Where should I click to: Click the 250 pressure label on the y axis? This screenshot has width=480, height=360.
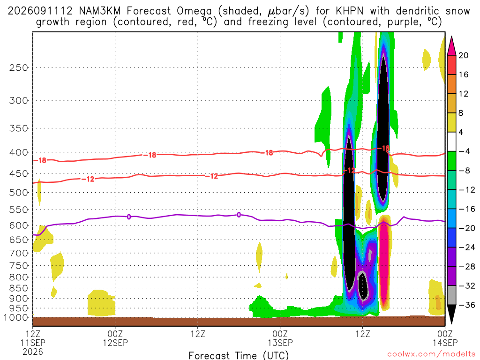pos(19,67)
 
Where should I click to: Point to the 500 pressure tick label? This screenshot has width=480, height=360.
pos(19,193)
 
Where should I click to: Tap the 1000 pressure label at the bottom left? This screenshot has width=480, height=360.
pos(16,318)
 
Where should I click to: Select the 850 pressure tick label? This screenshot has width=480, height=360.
pos(19,288)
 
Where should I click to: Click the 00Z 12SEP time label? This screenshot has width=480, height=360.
pos(115,338)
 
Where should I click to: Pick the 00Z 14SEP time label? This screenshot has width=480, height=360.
pos(445,338)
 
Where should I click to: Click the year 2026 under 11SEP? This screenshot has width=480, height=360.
pos(33,352)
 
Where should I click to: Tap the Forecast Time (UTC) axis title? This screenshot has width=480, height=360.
pos(239,355)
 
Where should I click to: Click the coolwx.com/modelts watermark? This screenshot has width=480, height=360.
pos(431,354)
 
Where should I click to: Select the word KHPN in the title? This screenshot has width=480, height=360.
pos(349,11)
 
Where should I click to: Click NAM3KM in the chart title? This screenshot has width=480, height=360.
pos(99,11)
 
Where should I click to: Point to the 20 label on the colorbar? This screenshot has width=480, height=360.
pos(463,55)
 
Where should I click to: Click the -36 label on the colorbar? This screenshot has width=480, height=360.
pos(467,305)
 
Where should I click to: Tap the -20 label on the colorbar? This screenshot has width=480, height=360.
pos(467,228)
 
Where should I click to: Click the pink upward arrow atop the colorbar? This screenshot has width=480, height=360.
pos(451,45)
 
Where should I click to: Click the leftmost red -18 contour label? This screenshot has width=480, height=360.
pos(40,160)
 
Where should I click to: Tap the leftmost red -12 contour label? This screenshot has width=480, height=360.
pos(89,179)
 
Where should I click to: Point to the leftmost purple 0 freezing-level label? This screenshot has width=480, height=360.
pos(129,217)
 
